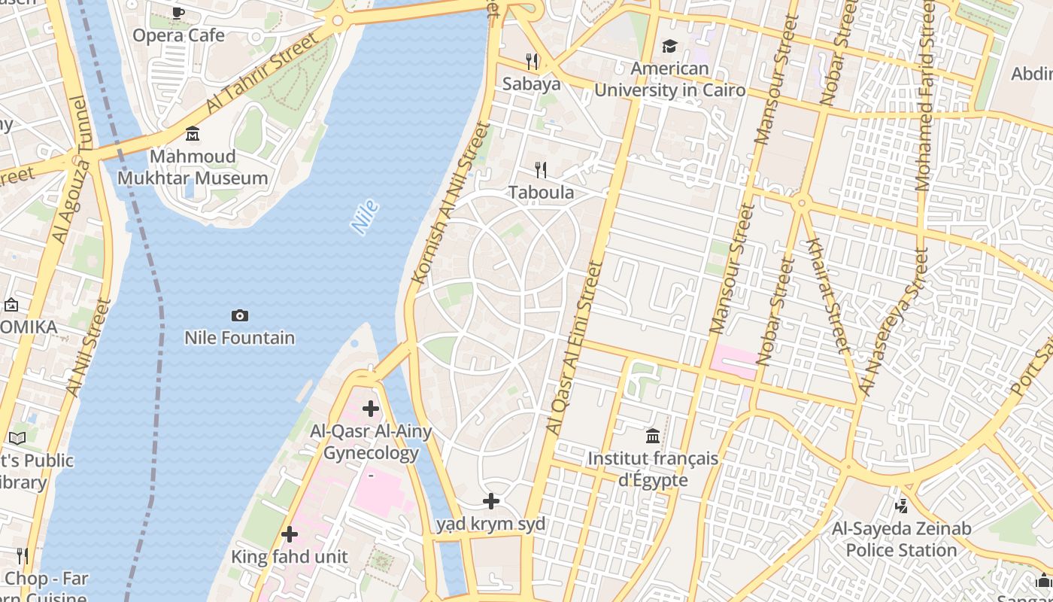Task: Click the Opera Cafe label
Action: point(179,35)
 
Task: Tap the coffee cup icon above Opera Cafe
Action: point(178,13)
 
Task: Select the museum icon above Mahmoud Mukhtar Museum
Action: point(193,134)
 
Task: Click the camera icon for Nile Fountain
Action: point(240,315)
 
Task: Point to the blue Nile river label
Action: point(365,217)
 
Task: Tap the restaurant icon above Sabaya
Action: point(532,61)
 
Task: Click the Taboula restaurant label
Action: point(541,193)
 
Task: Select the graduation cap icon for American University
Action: point(669,47)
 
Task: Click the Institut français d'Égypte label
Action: point(653,469)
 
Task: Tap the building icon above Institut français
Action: point(653,436)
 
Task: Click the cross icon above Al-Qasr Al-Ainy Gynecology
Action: point(370,409)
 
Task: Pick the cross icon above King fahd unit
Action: point(289,534)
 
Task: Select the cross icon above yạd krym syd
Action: point(491,500)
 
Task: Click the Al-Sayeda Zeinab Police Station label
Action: point(901,540)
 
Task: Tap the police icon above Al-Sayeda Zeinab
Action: point(901,506)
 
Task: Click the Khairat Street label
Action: point(827,294)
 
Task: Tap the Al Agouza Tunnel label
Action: point(71,170)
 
